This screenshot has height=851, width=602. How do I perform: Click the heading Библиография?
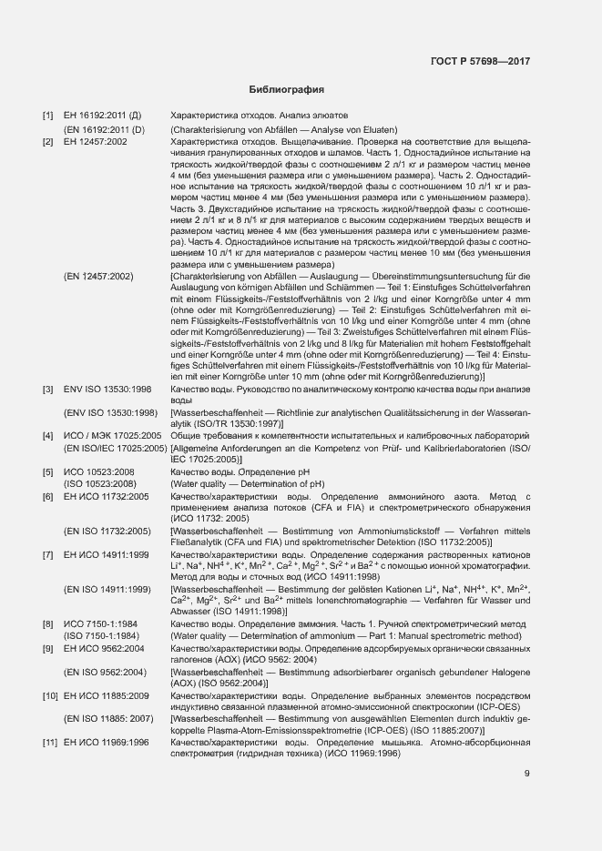(x=287, y=90)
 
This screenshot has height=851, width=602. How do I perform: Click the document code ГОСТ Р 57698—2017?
(x=480, y=62)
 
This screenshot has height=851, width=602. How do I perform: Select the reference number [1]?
(x=48, y=117)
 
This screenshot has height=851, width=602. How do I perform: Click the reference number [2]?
(x=48, y=143)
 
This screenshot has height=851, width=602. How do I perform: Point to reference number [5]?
(x=48, y=471)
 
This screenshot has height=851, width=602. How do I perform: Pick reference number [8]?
(x=48, y=623)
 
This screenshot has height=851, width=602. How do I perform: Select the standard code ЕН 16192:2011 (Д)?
(x=102, y=117)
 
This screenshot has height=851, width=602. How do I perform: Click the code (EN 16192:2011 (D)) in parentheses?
(x=104, y=130)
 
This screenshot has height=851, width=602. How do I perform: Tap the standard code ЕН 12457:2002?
(x=96, y=143)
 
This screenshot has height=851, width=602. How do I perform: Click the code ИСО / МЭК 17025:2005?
(x=112, y=436)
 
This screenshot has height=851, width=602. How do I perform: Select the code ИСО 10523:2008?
(x=99, y=471)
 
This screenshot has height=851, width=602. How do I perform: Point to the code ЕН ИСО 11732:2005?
(x=106, y=497)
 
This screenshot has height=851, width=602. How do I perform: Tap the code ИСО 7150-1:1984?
(x=100, y=623)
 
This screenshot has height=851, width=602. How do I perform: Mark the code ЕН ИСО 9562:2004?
(x=103, y=648)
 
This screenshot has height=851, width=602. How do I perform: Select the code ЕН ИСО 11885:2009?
(x=106, y=695)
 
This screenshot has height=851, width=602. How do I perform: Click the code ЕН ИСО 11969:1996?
(x=106, y=744)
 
